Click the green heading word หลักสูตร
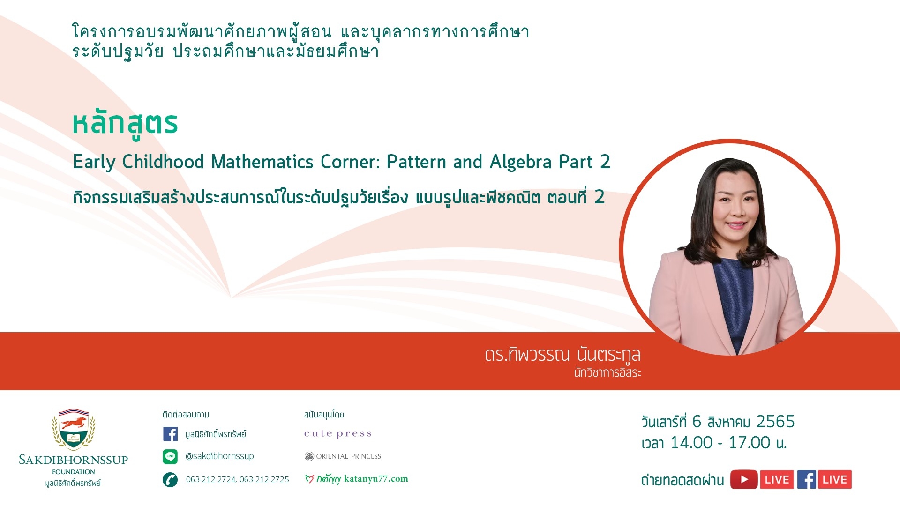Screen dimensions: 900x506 point(125,124)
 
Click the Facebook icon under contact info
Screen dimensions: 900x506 point(170,434)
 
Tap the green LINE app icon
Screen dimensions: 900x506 point(170,456)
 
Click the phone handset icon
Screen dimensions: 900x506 point(170,479)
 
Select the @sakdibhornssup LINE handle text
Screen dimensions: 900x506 point(219,456)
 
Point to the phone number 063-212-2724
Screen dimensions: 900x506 point(211,479)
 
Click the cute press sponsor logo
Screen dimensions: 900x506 point(338,434)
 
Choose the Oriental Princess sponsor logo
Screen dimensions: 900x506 point(343,456)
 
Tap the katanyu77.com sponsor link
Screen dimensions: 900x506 point(356,479)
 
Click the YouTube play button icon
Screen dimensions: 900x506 point(744,479)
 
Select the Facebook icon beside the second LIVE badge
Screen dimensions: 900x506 point(807,479)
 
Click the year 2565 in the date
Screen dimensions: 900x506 point(776,422)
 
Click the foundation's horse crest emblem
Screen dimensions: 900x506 point(74,430)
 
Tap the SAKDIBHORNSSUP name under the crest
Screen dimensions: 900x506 point(74,460)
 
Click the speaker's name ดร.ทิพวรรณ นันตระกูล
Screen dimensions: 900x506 point(562,355)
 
